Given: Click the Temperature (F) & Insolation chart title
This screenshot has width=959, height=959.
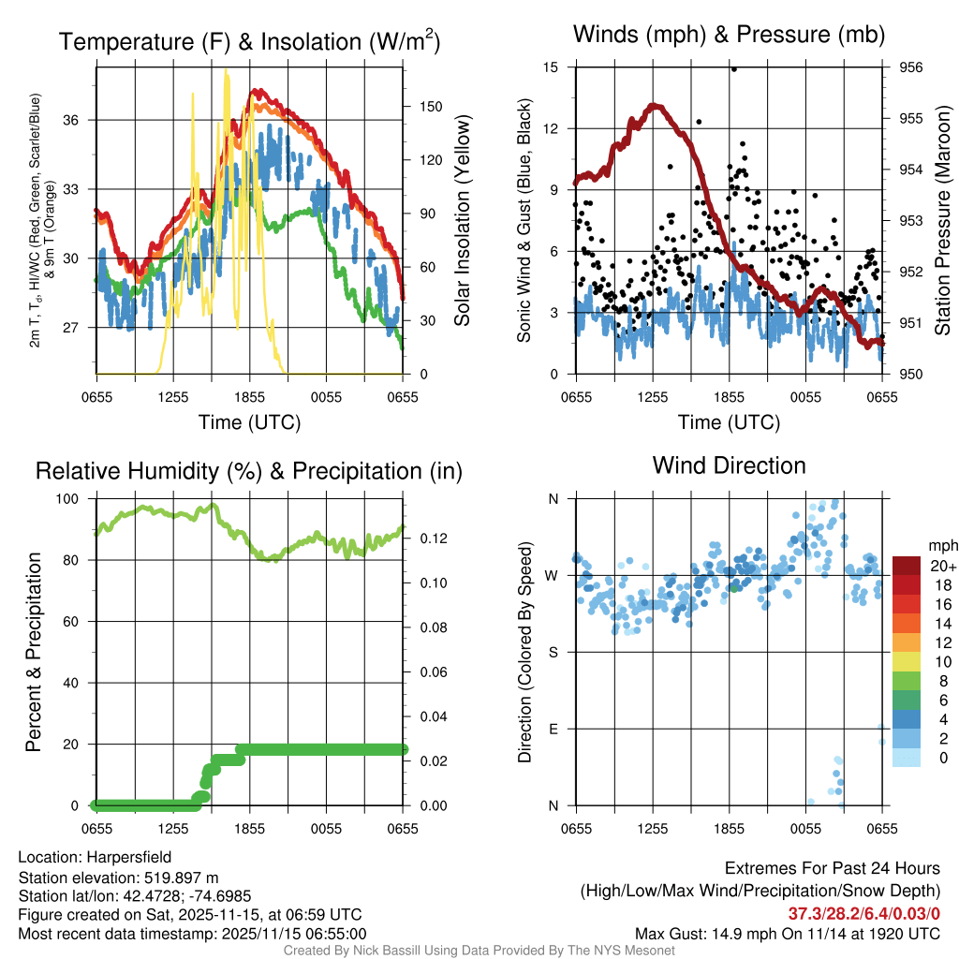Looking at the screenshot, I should click(x=249, y=42).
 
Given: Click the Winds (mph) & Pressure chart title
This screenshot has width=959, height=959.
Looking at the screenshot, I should click(x=729, y=35).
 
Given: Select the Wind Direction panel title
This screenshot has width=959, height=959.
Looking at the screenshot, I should click(x=729, y=465).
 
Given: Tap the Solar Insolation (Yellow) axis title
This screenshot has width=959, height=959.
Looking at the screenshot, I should click(x=462, y=221).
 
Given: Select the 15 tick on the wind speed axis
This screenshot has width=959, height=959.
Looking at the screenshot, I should click(x=550, y=67).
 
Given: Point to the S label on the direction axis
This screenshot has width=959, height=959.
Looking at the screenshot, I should click(x=553, y=652).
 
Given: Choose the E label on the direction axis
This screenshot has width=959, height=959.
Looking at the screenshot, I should click(x=553, y=729).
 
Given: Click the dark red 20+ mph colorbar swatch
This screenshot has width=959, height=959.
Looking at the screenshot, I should click(x=907, y=566).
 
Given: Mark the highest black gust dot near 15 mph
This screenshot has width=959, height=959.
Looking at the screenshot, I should click(x=734, y=68).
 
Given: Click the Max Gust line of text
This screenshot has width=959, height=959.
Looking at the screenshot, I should click(x=788, y=933).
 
